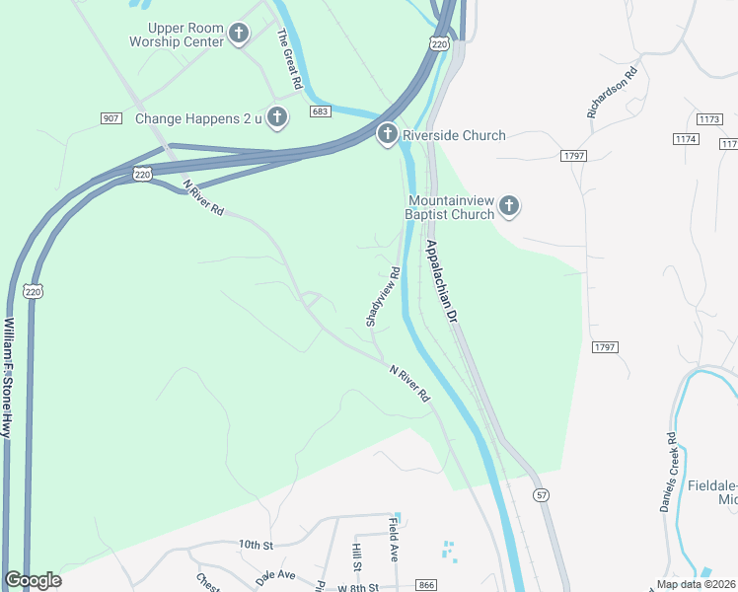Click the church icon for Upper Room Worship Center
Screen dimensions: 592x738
tap(238, 35)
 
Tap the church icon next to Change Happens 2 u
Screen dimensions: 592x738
tap(277, 118)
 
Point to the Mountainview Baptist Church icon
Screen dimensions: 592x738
tap(508, 206)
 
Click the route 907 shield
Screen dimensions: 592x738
tap(111, 118)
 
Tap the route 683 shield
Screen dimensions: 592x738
tap(319, 112)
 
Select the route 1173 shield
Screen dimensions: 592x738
tap(709, 118)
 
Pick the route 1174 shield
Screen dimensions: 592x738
tap(687, 139)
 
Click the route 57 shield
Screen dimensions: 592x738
tap(540, 494)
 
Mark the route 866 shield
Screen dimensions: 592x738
tap(426, 585)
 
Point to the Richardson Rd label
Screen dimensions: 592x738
tap(613, 93)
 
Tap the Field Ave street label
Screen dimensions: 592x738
tap(393, 540)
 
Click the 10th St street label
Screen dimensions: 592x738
tap(254, 544)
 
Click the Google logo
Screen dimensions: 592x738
tap(33, 580)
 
